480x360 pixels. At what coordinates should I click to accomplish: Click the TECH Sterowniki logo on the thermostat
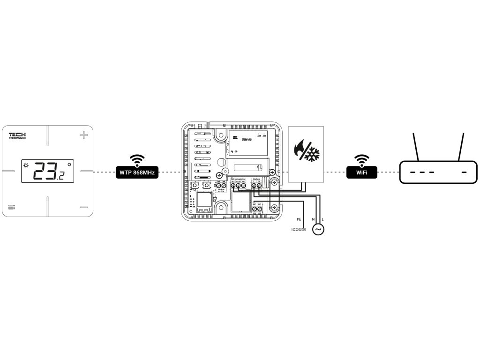(x=18, y=135)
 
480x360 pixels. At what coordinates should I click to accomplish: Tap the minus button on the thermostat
(x=83, y=207)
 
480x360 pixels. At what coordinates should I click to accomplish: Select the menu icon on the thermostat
(x=12, y=207)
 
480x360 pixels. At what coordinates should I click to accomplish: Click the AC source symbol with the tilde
(x=318, y=229)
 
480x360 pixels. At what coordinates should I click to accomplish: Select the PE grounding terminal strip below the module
(x=298, y=229)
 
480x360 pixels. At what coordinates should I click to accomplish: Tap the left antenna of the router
(x=414, y=147)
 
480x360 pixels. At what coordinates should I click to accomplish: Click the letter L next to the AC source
(x=322, y=219)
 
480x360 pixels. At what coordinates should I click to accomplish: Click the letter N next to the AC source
(x=313, y=219)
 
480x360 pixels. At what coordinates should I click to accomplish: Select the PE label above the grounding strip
(x=298, y=219)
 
